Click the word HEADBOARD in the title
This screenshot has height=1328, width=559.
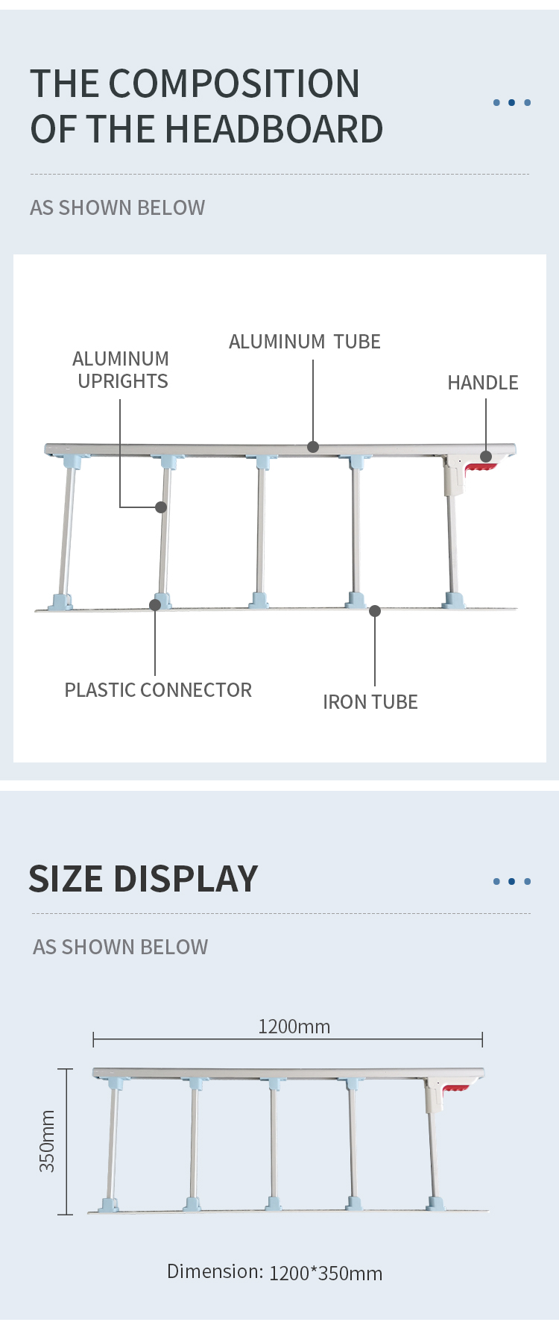pyautogui.click(x=273, y=129)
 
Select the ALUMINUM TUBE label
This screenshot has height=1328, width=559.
pyautogui.click(x=304, y=342)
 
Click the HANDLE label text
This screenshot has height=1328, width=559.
pyautogui.click(x=482, y=383)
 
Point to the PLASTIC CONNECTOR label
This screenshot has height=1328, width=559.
pyautogui.click(x=158, y=690)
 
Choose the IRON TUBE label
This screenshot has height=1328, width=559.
pyautogui.click(x=370, y=702)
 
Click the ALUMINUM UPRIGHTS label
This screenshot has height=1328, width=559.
pyautogui.click(x=121, y=370)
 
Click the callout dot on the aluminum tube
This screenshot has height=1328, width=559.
pyautogui.click(x=313, y=447)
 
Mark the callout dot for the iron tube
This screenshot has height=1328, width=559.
pyautogui.click(x=375, y=611)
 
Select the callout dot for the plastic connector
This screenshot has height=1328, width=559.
pyautogui.click(x=155, y=605)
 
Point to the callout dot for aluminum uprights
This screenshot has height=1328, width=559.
pyautogui.click(x=161, y=507)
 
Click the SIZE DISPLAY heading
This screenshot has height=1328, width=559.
pyautogui.click(x=143, y=879)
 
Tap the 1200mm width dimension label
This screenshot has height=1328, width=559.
pyautogui.click(x=294, y=1027)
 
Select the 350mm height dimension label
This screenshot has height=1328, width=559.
pyautogui.click(x=47, y=1141)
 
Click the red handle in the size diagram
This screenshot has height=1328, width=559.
pyautogui.click(x=455, y=1091)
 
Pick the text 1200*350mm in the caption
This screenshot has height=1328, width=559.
pyautogui.click(x=326, y=1273)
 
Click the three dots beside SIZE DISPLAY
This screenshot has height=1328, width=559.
pyautogui.click(x=511, y=882)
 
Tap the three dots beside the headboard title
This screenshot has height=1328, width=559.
pyautogui.click(x=511, y=103)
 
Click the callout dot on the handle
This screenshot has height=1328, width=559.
pyautogui.click(x=486, y=457)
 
